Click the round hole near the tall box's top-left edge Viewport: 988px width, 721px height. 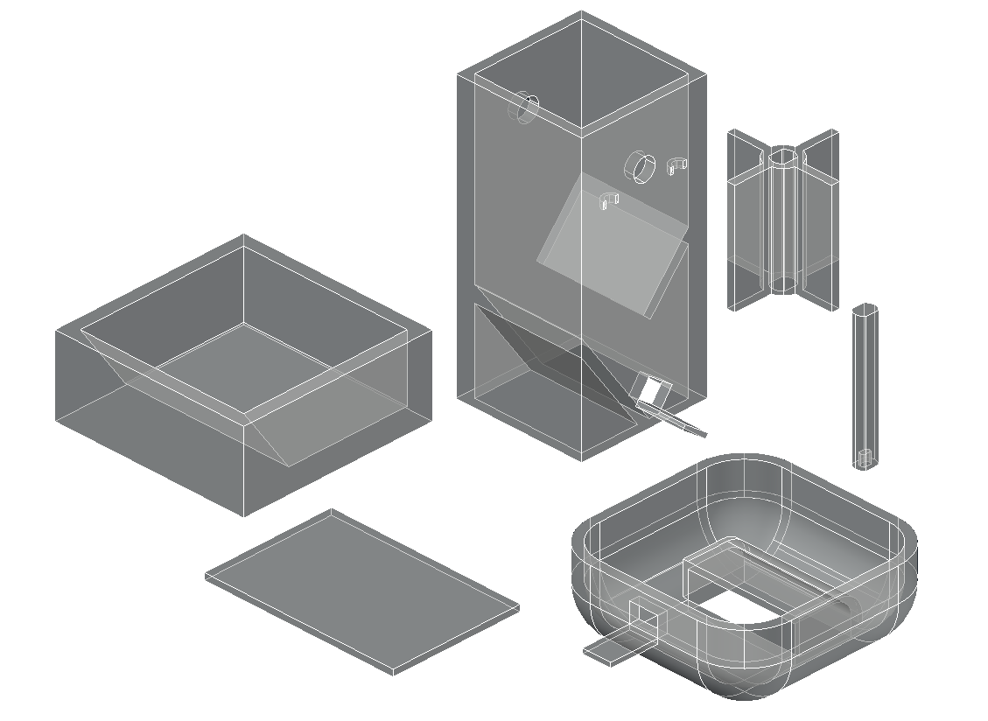click(527, 108)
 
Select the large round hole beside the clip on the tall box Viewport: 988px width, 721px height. click(641, 166)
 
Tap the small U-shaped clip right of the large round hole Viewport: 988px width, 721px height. click(676, 165)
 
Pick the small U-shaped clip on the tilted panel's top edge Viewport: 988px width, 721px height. click(608, 200)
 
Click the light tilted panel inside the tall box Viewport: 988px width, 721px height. click(613, 245)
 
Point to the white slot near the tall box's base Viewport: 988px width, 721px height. click(650, 390)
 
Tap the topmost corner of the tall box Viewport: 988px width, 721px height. click(581, 12)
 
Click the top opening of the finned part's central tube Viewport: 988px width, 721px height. click(784, 158)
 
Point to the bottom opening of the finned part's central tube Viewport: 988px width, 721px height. click(784, 285)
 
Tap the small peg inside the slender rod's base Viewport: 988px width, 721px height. click(864, 458)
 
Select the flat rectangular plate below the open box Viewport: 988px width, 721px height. click(361, 591)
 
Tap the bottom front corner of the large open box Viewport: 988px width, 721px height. click(243, 515)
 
